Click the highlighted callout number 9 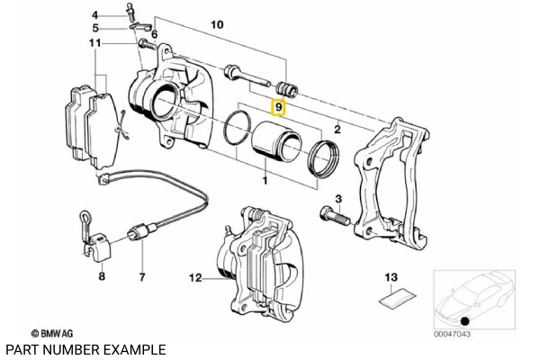coord(279,108)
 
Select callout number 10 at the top coord(216,27)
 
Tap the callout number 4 coord(95,15)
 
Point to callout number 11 coord(95,43)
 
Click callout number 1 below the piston coord(265,182)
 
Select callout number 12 coord(194,278)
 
